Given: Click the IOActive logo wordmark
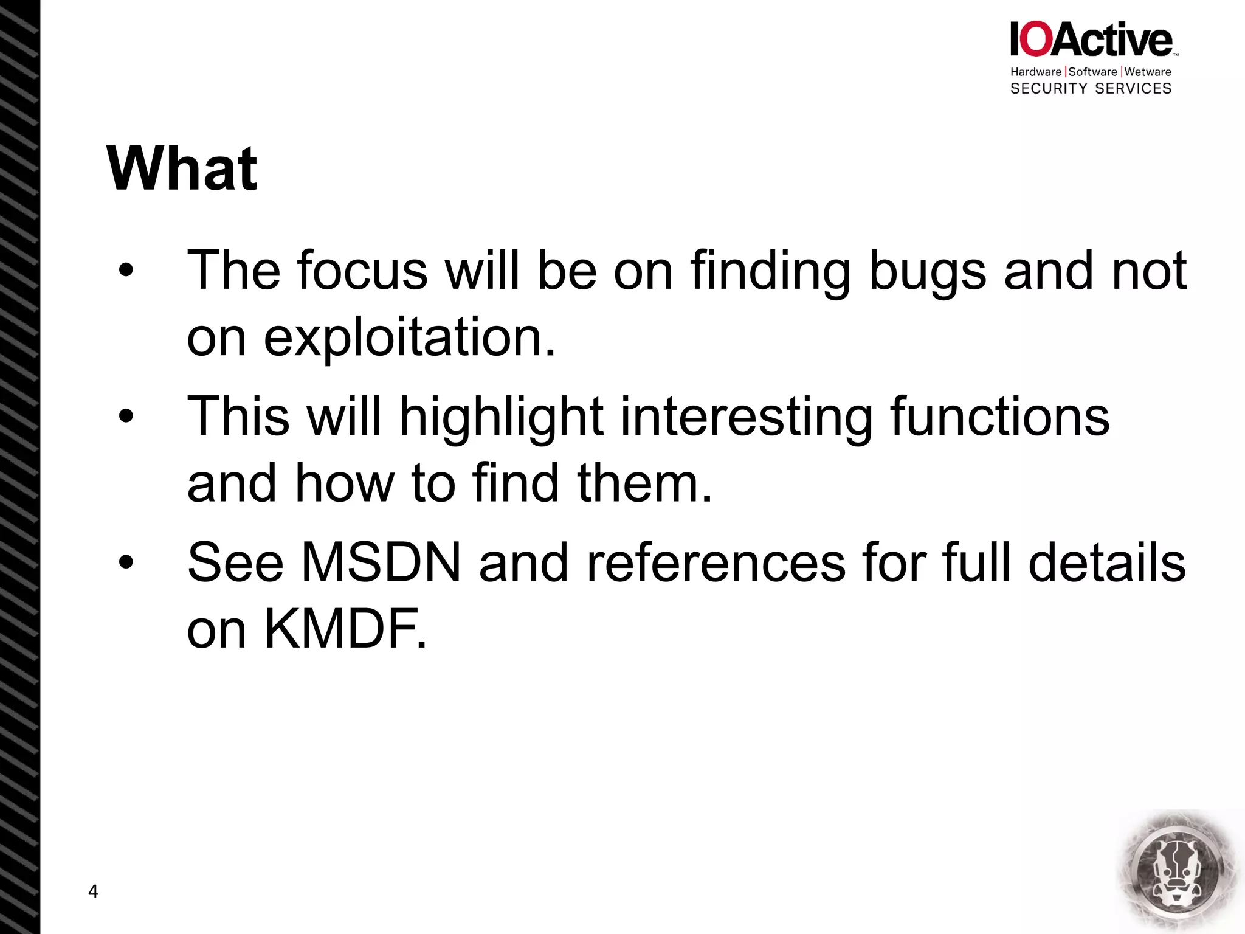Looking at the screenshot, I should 1092,40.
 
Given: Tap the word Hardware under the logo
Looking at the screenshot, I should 1036,72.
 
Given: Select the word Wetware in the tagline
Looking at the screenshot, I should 1148,72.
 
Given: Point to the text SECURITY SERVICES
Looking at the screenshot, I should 1091,89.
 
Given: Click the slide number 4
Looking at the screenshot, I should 93,891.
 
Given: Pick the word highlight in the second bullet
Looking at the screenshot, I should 501,418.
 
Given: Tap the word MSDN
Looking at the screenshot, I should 381,562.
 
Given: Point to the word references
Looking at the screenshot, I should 716,562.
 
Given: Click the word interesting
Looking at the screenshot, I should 747,418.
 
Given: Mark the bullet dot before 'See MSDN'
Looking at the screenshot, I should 126,562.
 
